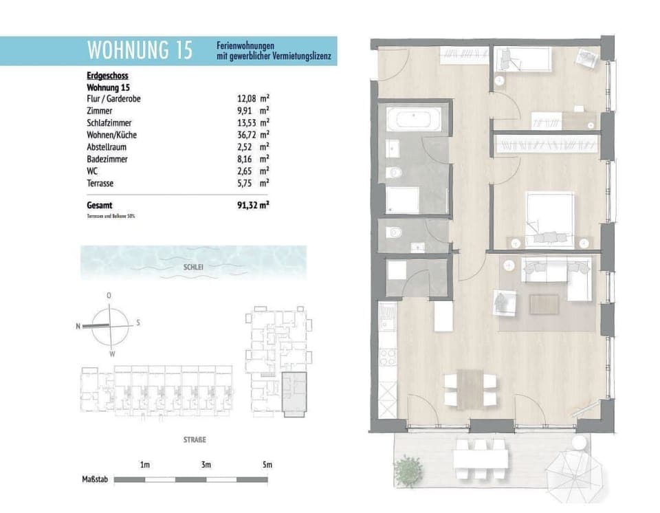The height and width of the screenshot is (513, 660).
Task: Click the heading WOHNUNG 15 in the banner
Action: coord(140,50)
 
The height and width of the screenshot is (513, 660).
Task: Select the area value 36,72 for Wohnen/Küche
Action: coord(246,135)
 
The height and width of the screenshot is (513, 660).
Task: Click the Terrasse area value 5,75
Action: coord(246,183)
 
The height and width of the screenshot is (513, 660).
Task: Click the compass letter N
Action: coord(78,327)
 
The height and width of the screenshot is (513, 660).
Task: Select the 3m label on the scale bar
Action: coord(206,466)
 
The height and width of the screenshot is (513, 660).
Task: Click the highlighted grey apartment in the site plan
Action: coord(296,393)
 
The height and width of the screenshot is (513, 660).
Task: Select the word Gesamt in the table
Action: coord(100,205)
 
